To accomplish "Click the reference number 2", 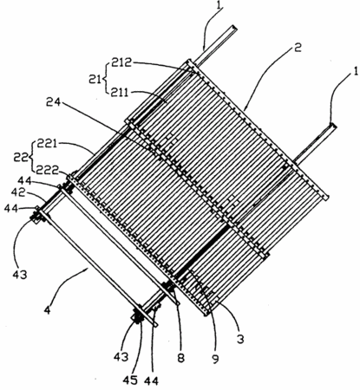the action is [298, 48].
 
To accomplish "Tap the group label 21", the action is [95, 79].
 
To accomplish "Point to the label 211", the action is [117, 93].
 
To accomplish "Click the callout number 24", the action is [54, 102].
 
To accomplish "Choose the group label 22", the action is [22, 158].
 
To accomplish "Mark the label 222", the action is [46, 171].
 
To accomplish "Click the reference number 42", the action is [19, 193].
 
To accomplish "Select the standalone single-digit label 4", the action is [48, 310].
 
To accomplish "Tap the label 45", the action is [130, 380].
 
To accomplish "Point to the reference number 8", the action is [180, 359].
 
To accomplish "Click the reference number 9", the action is [215, 359].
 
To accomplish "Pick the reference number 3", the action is [240, 339].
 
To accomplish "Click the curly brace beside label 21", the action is [104, 78].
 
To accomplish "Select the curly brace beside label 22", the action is [32, 157].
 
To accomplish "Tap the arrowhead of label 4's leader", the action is [87, 269].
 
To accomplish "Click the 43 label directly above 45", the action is [121, 357].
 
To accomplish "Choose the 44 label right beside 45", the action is [151, 380].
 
